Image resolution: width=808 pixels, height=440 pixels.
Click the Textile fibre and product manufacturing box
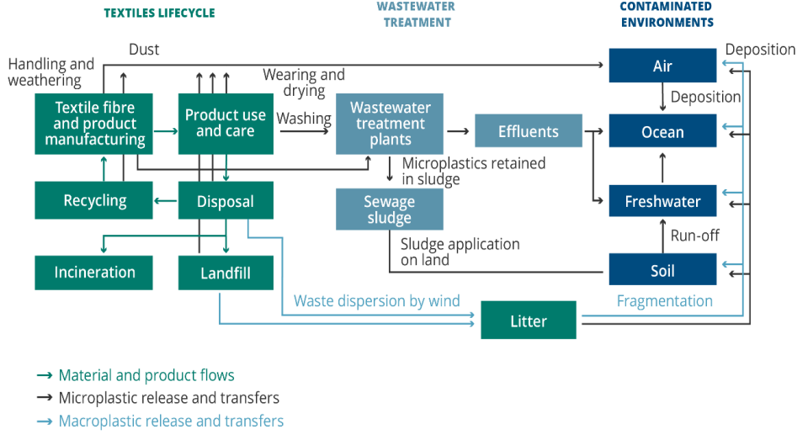(94, 124)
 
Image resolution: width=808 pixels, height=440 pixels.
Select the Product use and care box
(226, 124)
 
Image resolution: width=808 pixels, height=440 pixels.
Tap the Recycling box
(94, 200)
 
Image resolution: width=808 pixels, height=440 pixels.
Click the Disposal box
(226, 201)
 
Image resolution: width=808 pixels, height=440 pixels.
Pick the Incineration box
(94, 273)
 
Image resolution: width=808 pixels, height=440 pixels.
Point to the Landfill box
(226, 273)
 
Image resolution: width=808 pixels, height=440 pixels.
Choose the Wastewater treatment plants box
(389, 124)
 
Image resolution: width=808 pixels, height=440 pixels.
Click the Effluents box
(528, 131)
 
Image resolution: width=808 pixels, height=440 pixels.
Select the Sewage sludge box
(389, 209)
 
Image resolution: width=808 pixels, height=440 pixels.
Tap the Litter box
(528, 321)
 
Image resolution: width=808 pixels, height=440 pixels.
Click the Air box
(662, 66)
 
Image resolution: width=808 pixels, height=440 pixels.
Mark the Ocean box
(662, 132)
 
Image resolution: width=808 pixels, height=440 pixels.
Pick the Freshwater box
(662, 201)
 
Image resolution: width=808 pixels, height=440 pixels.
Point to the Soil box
(662, 271)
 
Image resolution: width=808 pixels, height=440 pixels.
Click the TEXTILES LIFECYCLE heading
(159, 13)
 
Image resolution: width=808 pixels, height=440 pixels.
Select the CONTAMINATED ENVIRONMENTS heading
(667, 14)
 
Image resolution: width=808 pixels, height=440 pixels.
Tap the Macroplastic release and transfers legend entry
(171, 421)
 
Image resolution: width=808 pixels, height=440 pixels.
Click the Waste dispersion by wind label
(376, 300)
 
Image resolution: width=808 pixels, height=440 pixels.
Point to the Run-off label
(694, 236)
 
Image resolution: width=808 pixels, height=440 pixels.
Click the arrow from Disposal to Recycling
(166, 200)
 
